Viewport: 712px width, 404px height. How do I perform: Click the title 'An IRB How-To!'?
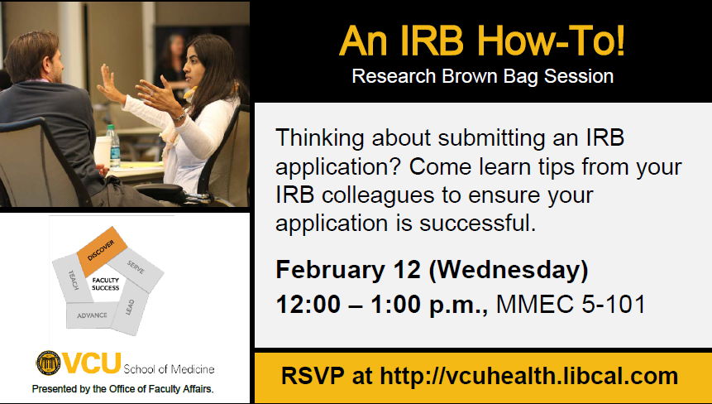click(482, 41)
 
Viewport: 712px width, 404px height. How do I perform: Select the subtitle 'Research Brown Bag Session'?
click(482, 77)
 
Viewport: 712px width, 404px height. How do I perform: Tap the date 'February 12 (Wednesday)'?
click(432, 270)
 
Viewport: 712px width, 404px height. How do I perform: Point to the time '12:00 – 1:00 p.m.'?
click(383, 304)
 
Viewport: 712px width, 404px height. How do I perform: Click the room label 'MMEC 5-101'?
click(571, 304)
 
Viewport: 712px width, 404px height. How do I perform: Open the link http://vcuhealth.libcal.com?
click(529, 375)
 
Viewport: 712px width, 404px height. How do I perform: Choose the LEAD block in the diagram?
click(131, 308)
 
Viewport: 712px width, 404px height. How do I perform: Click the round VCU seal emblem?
click(48, 363)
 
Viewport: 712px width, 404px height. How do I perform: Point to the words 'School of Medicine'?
click(170, 368)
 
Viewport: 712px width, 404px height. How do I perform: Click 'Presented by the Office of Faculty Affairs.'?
click(122, 387)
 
